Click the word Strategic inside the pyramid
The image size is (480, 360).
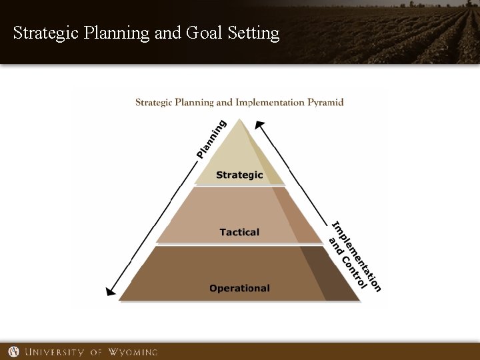(x=239, y=175)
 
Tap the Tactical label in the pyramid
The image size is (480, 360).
(x=239, y=232)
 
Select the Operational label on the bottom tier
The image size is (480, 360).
(x=239, y=289)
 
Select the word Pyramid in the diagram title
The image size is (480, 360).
(x=325, y=103)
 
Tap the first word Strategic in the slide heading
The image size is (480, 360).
(x=46, y=33)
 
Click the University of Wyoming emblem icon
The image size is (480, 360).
(x=13, y=351)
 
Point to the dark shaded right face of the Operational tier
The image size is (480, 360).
(x=327, y=273)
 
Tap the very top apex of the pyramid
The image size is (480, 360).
(x=239, y=120)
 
